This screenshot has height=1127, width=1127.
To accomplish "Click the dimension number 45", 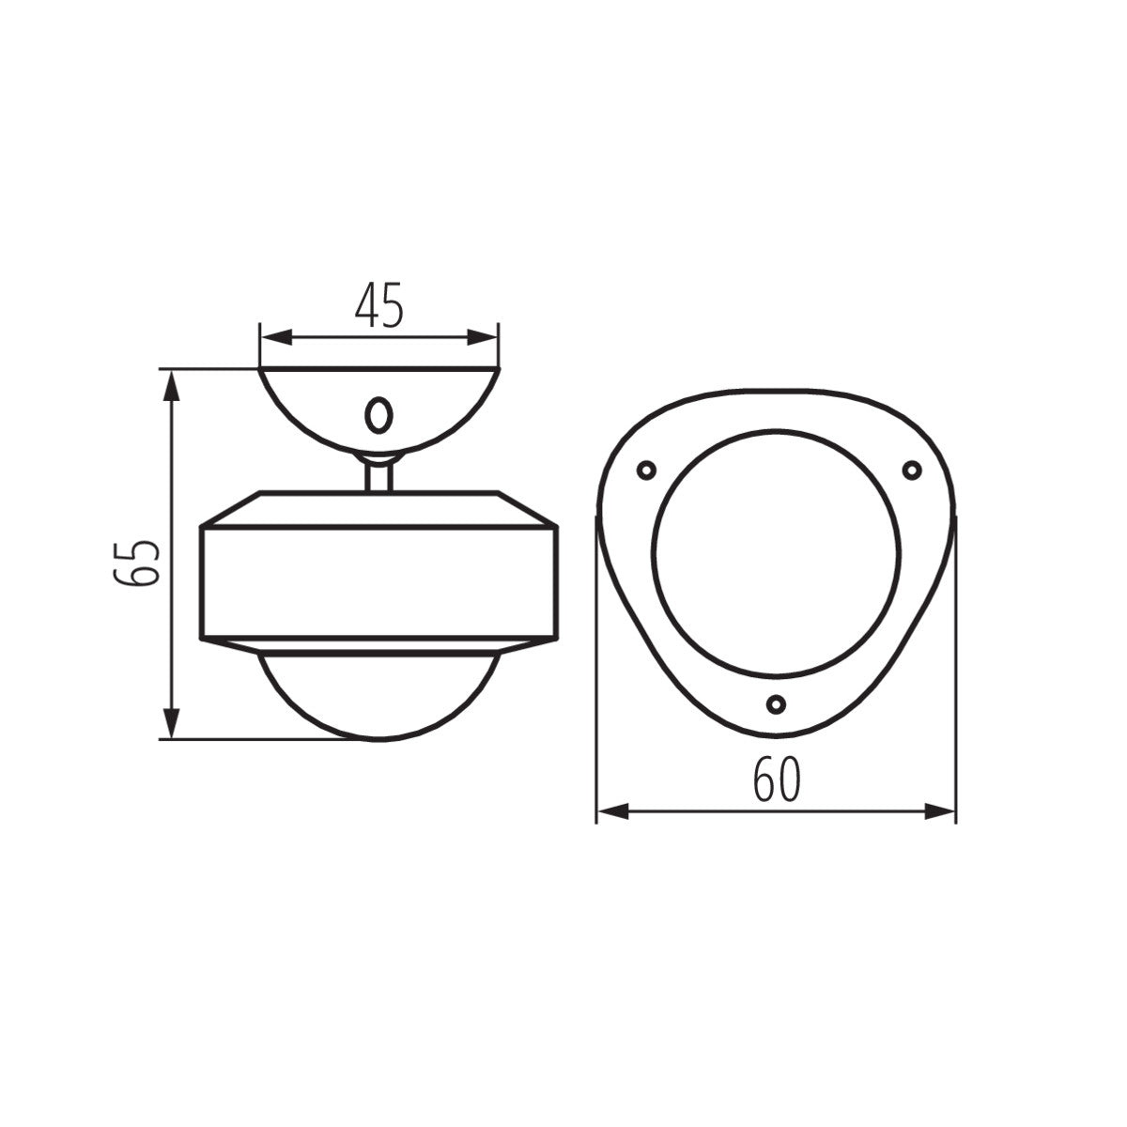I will coord(378,303).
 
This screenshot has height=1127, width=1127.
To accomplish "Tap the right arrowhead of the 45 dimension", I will coord(483,337).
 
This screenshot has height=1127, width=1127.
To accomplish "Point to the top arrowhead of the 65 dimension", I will coord(170,385).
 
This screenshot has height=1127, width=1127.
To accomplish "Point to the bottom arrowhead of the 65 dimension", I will coord(170,723).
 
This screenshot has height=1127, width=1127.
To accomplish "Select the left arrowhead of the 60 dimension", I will coord(612,811).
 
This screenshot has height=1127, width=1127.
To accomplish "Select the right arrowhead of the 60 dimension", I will coord(940,811).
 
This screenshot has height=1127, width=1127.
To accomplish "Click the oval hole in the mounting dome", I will coord(378,414).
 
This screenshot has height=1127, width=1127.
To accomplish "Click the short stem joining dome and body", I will coord(378,473).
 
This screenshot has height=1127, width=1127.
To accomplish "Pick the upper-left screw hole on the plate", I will coord(645,470).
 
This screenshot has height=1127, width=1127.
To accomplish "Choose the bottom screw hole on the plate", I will coord(776,703).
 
